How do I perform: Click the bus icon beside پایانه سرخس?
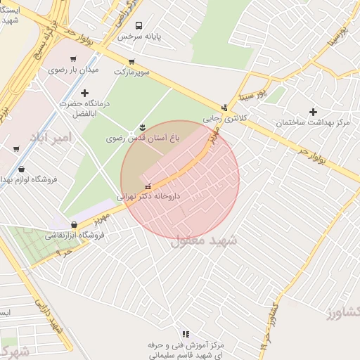(138, 25)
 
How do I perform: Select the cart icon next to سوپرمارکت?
(131, 61)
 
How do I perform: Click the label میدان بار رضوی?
(74, 70)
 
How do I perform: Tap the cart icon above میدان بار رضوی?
(73, 60)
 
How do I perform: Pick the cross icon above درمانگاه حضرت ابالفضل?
(85, 93)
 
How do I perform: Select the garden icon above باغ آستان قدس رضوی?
(143, 127)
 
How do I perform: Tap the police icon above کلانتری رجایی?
(224, 108)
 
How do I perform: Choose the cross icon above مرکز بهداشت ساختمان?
(313, 112)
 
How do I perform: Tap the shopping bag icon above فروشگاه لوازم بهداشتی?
(22, 169)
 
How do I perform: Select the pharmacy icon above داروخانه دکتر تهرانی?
(147, 187)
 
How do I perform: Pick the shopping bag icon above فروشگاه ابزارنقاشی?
(74, 225)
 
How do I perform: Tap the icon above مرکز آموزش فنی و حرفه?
(186, 334)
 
